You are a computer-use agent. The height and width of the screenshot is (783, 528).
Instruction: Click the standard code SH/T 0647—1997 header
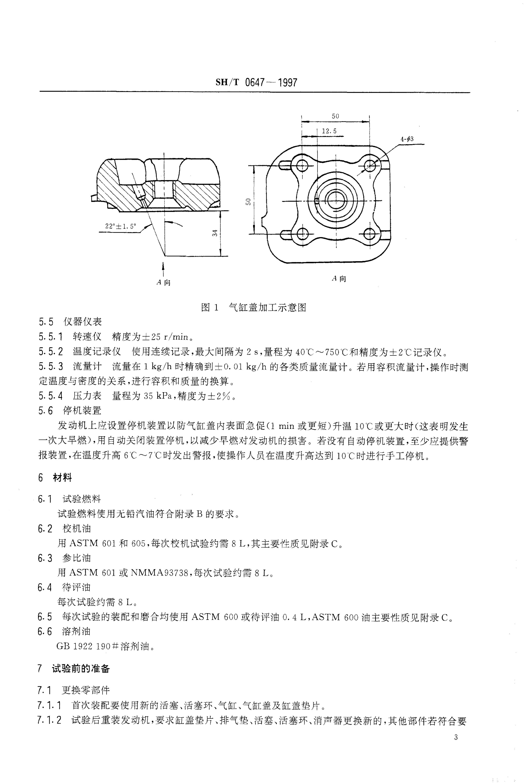256,82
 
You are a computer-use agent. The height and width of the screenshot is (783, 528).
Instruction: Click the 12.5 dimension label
329,131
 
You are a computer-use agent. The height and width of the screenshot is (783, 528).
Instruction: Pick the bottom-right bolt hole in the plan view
370,233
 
